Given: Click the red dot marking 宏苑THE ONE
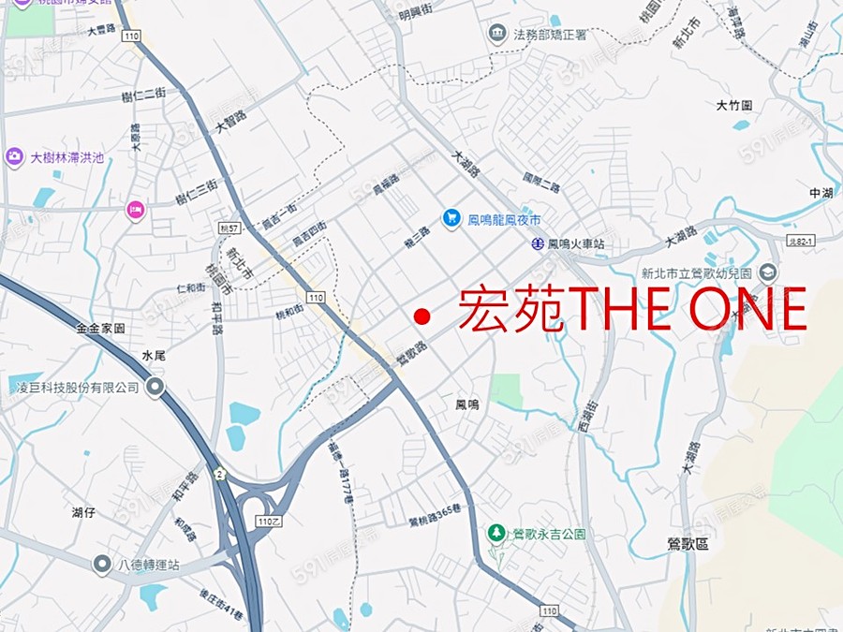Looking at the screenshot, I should pos(422,316).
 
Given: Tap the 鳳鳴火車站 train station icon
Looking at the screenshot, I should pos(538,243).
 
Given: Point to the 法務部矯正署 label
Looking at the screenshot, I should pos(550,35).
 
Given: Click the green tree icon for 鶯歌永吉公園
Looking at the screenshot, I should pos(496,533).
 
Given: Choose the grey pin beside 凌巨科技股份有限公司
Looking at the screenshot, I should pos(155,386).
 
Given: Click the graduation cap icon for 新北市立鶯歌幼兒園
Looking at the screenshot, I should pos(768,272).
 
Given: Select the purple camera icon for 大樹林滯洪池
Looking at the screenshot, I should pos(14,157).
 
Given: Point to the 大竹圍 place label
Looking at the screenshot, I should pos(734,106).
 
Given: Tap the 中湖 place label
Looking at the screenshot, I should pos(821,193).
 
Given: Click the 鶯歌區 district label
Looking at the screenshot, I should pos(688,543).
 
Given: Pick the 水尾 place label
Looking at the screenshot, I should pos(154,356).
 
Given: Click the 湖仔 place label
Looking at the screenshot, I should pos(83,512).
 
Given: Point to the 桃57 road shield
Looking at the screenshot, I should pos(228,228).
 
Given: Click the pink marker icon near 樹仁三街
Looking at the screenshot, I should pos(136,211).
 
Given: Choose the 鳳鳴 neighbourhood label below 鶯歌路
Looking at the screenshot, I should pos(467,404).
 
